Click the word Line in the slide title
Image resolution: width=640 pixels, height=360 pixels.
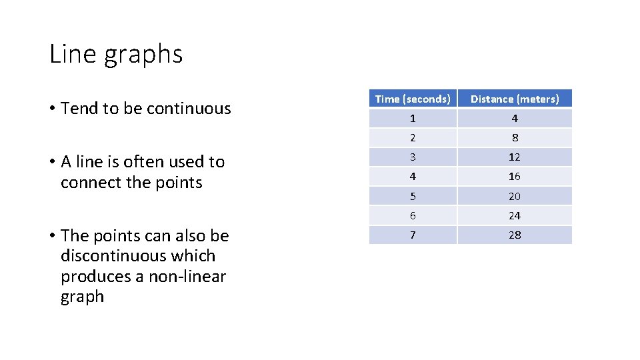tap(73, 54)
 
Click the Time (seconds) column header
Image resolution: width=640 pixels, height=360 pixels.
tap(413, 99)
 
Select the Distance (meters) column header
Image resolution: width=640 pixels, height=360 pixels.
tap(515, 99)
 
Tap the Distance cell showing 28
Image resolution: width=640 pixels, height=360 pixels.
tap(515, 235)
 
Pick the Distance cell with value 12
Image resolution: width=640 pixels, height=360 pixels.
tap(515, 157)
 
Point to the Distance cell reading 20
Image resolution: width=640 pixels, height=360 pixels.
tap(515, 197)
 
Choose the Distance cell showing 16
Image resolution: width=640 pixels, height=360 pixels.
tap(515, 177)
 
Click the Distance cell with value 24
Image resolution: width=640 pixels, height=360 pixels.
tap(515, 216)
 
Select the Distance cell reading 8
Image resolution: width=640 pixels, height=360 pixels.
tap(515, 138)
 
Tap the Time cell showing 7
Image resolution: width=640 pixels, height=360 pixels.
tap(413, 235)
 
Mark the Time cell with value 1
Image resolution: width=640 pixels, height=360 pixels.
tap(413, 119)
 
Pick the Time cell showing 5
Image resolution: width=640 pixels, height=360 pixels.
tap(413, 197)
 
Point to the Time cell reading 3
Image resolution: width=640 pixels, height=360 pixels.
tap(413, 157)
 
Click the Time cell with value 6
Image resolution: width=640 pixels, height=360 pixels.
tap(413, 216)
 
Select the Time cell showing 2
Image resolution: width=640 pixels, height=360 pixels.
tap(413, 138)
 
